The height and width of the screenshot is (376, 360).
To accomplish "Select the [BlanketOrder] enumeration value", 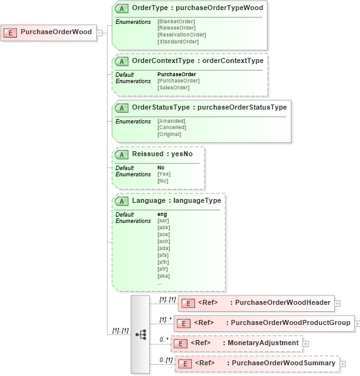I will click(x=176, y=22).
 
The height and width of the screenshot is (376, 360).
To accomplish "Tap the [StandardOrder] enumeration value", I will click(x=177, y=42).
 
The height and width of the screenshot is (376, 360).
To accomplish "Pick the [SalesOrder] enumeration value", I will click(x=173, y=88).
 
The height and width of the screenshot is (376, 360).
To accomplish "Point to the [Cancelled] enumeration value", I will click(x=171, y=127).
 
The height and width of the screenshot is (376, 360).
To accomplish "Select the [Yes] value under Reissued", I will click(x=163, y=174).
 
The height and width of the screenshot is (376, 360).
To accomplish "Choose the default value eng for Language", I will click(x=162, y=214).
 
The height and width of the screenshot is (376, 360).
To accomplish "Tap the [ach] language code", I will click(x=163, y=241).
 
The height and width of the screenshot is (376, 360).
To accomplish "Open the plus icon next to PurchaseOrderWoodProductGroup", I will click(x=357, y=324).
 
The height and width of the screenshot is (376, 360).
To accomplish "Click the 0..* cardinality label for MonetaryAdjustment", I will click(x=164, y=339).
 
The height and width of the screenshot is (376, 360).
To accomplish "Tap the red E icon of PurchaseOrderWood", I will click(x=11, y=32).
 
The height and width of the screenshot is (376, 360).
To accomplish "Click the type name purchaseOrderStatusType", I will click(x=242, y=107).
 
